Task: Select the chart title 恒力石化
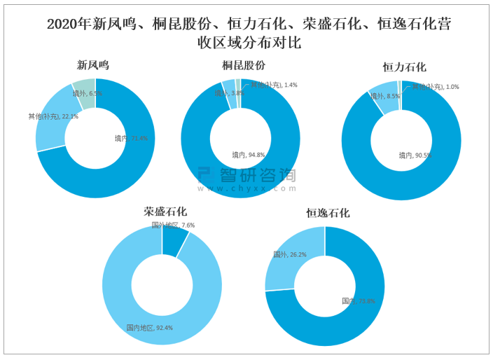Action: tap(404, 68)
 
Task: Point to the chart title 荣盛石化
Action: tap(165, 211)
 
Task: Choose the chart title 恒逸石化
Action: tap(328, 213)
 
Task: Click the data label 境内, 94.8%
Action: tap(248, 155)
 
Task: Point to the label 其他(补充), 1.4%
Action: tap(274, 85)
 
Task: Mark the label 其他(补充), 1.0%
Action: tap(435, 87)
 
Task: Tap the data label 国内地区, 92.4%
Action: tap(148, 327)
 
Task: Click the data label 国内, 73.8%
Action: tap(358, 301)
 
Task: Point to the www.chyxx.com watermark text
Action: tap(246, 188)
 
